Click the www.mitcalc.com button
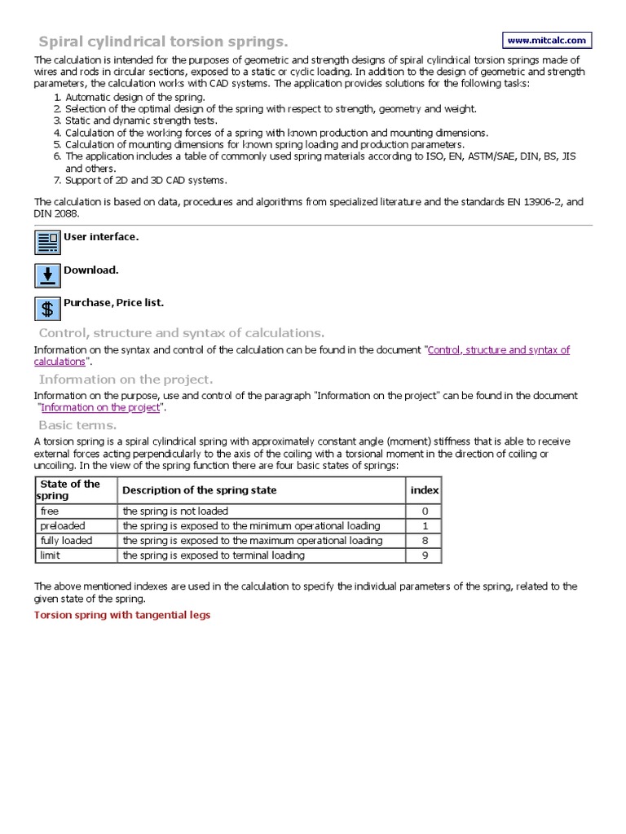point(547,40)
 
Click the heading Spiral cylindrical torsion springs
point(163,42)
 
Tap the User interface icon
point(47,243)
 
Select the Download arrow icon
point(47,275)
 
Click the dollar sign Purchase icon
point(47,309)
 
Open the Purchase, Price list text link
point(113,302)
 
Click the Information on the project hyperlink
point(100,407)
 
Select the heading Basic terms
point(77,425)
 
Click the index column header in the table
point(424,490)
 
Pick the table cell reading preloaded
point(63,526)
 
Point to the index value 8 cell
point(424,541)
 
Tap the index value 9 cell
point(424,555)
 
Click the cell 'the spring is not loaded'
point(175,511)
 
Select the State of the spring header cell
point(70,489)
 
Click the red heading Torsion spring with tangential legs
point(121,615)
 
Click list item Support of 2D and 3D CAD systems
point(146,180)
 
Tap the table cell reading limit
point(51,555)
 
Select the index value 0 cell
point(424,511)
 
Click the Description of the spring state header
point(200,490)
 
